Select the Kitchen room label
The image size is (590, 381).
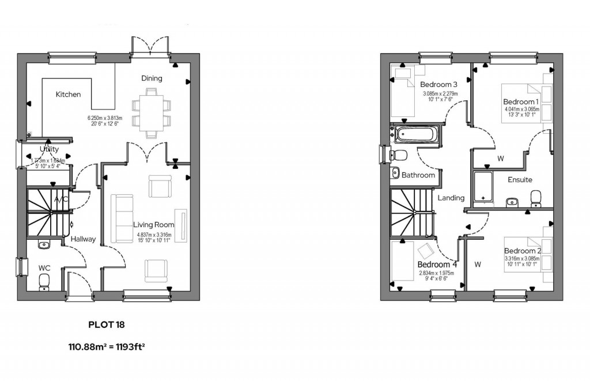click(x=68, y=95)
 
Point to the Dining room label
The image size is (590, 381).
click(x=152, y=78)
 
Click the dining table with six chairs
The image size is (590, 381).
click(x=151, y=113)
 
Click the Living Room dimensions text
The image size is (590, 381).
click(x=154, y=237)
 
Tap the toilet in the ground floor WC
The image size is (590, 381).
click(x=44, y=282)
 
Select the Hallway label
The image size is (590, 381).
click(x=84, y=239)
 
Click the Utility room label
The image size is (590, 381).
click(x=50, y=150)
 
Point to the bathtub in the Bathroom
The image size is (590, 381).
click(x=417, y=134)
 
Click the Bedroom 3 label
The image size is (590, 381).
click(x=438, y=84)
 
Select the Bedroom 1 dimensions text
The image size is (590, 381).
click(x=521, y=111)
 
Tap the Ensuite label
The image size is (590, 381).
click(x=520, y=180)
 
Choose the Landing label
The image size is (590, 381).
click(x=451, y=198)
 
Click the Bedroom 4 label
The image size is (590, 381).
click(x=437, y=265)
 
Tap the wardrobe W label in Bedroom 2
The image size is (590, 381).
click(x=477, y=265)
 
